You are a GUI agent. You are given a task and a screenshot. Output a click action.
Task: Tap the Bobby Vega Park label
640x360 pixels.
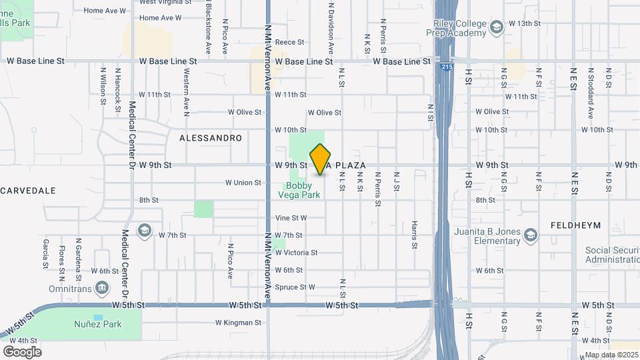[x=303, y=190]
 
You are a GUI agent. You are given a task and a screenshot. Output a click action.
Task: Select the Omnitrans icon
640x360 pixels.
[x=102, y=287]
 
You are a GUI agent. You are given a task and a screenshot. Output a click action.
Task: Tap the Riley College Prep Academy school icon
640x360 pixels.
[x=496, y=27]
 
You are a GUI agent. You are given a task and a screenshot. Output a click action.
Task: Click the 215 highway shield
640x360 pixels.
[x=445, y=67]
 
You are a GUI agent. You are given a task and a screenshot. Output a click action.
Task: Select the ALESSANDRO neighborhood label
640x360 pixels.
[x=210, y=138]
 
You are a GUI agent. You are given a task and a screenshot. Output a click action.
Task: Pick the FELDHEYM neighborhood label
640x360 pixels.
[x=576, y=226]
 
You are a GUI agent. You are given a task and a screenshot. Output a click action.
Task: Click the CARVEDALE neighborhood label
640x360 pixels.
[x=28, y=191]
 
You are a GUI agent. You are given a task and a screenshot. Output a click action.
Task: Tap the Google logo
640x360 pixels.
[x=22, y=351]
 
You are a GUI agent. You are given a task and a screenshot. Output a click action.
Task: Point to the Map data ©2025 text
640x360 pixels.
[x=611, y=355]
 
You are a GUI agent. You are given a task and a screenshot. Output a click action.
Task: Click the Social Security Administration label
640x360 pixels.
[x=612, y=255]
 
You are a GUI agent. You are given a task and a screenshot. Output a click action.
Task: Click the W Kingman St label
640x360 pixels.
[x=238, y=323]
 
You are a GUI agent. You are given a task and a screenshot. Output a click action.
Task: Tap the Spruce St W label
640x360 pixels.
[x=295, y=287]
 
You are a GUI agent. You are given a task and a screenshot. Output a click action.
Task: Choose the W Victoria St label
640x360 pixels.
[x=296, y=253]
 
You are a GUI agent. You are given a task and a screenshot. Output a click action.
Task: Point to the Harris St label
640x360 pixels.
[x=414, y=235]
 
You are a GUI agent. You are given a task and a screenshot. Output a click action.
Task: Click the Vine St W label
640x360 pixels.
[x=291, y=218]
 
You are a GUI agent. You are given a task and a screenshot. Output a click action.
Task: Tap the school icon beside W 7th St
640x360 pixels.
[x=143, y=231]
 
